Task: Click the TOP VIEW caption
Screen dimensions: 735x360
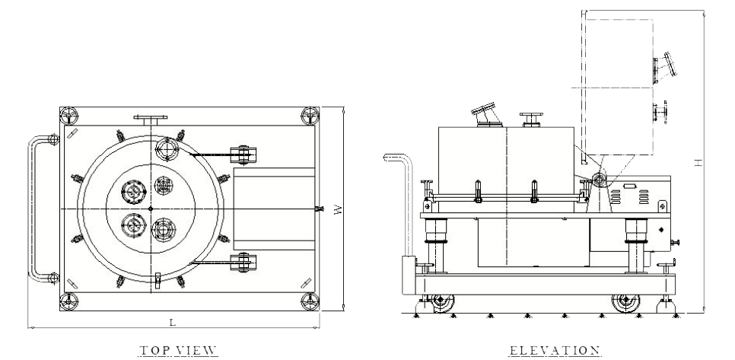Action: tap(178, 350)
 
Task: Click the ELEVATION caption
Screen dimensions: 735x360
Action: tap(555, 350)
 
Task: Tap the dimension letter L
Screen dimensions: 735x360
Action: tap(173, 323)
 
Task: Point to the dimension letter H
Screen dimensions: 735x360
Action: tap(698, 163)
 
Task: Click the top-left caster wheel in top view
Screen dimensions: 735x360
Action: tap(69, 116)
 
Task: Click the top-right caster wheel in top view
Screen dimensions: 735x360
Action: tap(310, 116)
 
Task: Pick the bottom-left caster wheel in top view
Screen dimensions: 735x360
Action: tap(69, 301)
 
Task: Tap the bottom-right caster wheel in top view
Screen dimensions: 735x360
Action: tap(310, 301)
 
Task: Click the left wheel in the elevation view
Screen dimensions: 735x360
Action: tap(442, 303)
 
